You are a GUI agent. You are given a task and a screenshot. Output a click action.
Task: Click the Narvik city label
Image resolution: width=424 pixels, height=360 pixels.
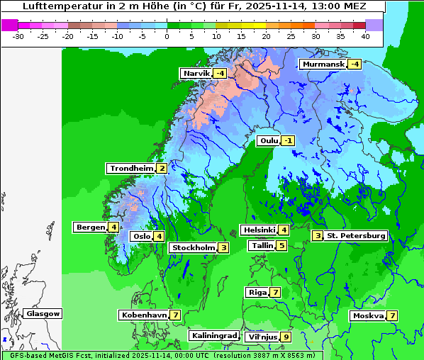(196, 73)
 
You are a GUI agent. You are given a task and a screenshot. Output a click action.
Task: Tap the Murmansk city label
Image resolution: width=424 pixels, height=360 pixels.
(323, 64)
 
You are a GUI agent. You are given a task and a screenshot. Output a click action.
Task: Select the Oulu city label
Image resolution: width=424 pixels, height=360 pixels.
(268, 140)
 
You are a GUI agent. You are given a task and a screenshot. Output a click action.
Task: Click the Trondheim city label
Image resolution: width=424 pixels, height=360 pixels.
(131, 168)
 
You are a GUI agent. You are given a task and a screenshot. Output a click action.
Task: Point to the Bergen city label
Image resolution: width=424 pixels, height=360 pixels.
(90, 227)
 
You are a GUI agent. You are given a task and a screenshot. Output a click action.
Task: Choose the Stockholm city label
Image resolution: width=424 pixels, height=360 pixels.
(192, 247)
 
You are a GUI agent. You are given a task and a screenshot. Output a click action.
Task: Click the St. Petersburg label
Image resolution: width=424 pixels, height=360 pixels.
(356, 235)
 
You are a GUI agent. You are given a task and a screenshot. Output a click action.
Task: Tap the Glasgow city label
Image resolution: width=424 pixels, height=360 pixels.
(43, 313)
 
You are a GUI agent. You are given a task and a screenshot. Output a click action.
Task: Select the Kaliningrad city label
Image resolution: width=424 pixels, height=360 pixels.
(213, 335)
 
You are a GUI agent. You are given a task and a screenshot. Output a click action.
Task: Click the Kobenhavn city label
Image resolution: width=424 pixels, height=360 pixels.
(144, 315)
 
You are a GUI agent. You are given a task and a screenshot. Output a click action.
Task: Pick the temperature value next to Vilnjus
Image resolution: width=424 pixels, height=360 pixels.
(286, 337)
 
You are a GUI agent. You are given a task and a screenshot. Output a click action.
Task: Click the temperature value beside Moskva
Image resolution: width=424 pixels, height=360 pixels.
(392, 315)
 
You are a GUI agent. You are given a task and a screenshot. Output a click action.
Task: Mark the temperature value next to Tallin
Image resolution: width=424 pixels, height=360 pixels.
(281, 245)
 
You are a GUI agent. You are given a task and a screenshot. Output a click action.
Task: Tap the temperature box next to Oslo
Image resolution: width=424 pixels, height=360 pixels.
(160, 236)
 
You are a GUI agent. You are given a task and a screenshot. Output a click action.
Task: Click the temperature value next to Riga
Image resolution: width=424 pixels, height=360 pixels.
(275, 292)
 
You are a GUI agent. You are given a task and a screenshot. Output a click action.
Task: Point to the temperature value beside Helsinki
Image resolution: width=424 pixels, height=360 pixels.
(284, 229)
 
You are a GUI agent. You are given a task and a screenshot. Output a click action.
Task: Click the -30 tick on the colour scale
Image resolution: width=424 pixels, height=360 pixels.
(18, 35)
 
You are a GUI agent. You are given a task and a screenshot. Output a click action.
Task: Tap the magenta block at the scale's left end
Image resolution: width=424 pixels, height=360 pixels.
(9, 25)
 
